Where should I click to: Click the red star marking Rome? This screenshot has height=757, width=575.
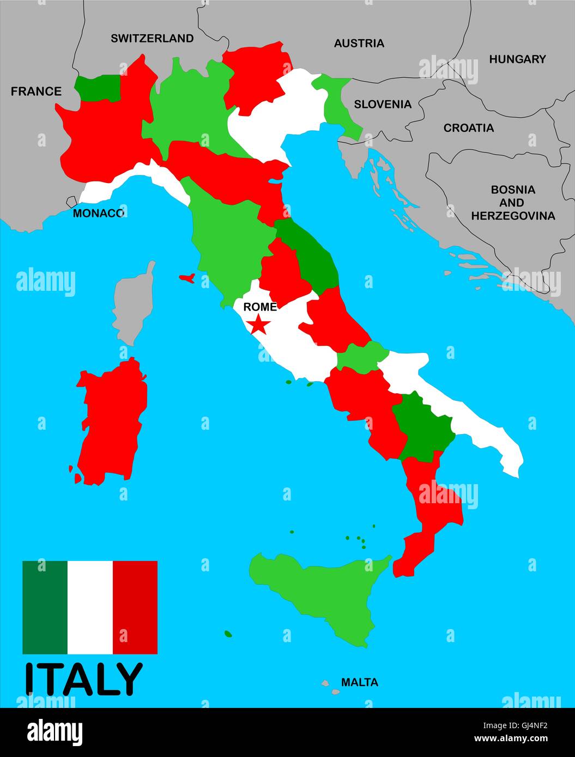tap(258, 325)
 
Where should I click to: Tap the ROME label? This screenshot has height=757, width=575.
tap(259, 307)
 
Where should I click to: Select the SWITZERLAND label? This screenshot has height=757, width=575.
tap(152, 38)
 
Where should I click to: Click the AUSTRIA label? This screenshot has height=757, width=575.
tap(359, 43)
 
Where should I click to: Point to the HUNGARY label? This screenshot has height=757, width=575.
tap(517, 59)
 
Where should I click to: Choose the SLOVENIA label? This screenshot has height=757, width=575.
tap(382, 104)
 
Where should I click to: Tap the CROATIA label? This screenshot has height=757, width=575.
tap(468, 128)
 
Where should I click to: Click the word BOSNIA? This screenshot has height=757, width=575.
tap(513, 190)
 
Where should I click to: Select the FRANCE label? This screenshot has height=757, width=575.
tap(36, 91)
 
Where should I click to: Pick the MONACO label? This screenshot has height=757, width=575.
tap(98, 213)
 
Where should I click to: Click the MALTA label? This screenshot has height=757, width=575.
tap(359, 682)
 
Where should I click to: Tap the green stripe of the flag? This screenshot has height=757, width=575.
tap(45, 607)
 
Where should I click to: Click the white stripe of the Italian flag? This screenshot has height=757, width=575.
tap(90, 607)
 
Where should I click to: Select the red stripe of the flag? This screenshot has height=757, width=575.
tap(135, 607)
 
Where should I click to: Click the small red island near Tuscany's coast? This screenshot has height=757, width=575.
tap(187, 278)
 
